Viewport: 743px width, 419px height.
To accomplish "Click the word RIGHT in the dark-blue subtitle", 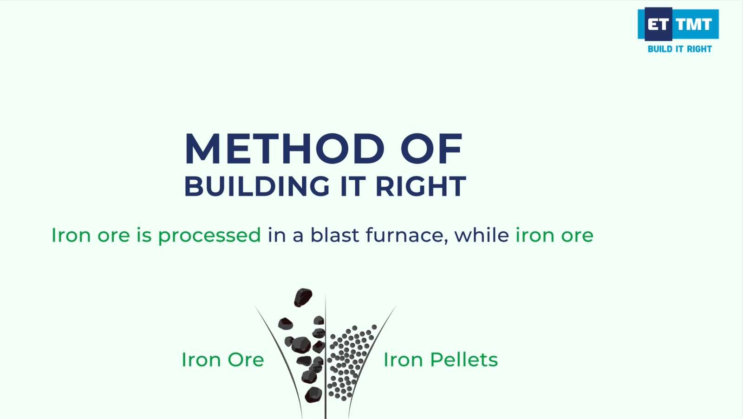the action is point(421,186).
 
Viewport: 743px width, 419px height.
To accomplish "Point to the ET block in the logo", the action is point(658,24).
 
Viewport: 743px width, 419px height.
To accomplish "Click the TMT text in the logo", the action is point(694,24).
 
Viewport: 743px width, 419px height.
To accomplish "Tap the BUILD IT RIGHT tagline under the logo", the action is point(680,49).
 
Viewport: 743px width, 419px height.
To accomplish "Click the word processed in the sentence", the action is point(209,236).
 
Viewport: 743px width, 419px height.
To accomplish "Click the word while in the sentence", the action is point(482,235).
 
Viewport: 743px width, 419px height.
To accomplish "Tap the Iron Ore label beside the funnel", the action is point(222,360).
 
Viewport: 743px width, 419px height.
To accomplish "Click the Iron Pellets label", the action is point(441,360).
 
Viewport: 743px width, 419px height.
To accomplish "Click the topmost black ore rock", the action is point(303,297).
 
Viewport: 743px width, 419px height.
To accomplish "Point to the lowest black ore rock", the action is point(313,394).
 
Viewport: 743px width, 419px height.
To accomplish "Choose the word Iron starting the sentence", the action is point(71,235).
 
